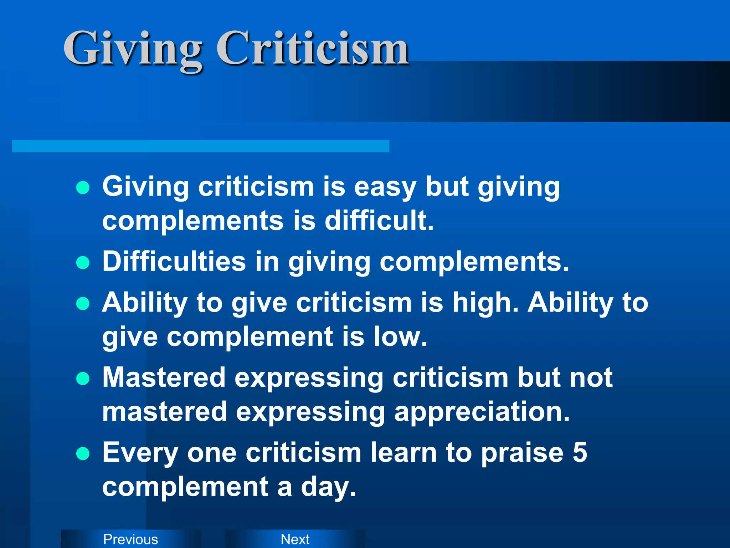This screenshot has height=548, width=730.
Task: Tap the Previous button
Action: tap(130, 539)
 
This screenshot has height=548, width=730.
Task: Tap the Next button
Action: tap(295, 539)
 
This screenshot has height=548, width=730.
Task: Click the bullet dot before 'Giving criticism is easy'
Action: tap(83, 187)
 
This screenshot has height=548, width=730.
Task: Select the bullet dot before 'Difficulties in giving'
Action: tap(83, 263)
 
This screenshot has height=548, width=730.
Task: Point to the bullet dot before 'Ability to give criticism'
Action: tap(83, 303)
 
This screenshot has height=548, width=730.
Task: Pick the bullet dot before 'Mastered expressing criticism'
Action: tap(83, 379)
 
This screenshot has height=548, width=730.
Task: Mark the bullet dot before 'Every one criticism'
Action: tap(83, 454)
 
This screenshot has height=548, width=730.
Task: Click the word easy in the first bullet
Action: tap(385, 187)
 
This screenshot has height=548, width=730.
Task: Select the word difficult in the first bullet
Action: tap(379, 220)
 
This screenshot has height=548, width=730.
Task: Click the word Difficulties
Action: tap(174, 262)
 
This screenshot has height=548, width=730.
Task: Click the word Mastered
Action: tap(164, 377)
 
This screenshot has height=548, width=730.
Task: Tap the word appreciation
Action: tap(482, 412)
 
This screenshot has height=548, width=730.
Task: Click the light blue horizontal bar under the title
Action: tap(200, 146)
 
